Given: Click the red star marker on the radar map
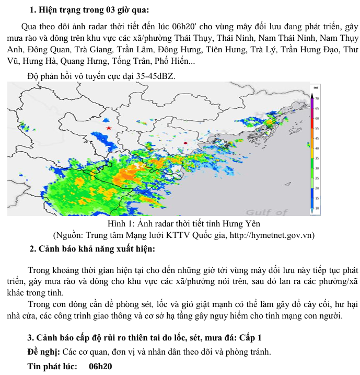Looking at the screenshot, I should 109,128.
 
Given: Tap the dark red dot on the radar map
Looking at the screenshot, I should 185,142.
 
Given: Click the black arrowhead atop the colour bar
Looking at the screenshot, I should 312,95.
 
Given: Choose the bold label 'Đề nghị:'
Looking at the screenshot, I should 43,351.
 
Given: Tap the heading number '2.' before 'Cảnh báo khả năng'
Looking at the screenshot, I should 32,248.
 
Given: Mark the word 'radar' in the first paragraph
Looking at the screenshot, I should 112,27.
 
